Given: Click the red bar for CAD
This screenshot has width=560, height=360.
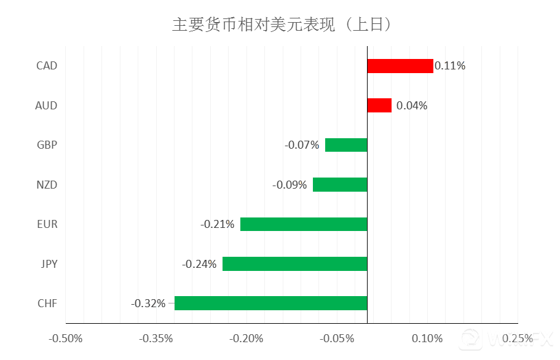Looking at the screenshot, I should coord(400,66).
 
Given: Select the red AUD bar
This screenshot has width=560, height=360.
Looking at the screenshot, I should coord(379,106).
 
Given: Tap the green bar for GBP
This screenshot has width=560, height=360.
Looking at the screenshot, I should coord(346,145).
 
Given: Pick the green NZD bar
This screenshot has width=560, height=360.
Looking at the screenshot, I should coord(340,184).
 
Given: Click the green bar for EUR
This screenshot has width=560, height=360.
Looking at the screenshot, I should coord(304,224).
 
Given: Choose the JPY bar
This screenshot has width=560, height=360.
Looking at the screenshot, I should coord(294,264).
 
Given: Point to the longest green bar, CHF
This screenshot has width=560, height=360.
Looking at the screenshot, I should coord(270,303).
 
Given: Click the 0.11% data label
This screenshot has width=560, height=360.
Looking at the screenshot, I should coord(450,66).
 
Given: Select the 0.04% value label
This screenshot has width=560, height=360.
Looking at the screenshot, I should coord(412,106).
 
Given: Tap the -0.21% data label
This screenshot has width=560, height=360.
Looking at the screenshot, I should coord(218,224).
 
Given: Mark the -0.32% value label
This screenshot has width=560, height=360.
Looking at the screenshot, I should coord(148,303).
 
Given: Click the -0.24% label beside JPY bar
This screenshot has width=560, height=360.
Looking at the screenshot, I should coord(199,264).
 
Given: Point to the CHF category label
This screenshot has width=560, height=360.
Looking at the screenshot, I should coord(47,303).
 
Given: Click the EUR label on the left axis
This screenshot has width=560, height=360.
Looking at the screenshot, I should coord(47,224).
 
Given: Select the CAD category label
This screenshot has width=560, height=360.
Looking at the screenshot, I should coord(47,66).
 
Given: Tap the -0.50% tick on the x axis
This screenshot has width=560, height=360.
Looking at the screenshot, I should coord(66,338).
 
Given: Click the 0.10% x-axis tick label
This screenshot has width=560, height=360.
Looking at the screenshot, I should coord(427,338).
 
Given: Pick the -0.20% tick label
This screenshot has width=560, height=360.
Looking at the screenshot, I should coord(246,338).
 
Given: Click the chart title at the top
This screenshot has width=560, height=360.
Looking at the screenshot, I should coord(282,25).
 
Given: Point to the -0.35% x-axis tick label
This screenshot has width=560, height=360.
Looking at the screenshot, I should coord(156,338).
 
